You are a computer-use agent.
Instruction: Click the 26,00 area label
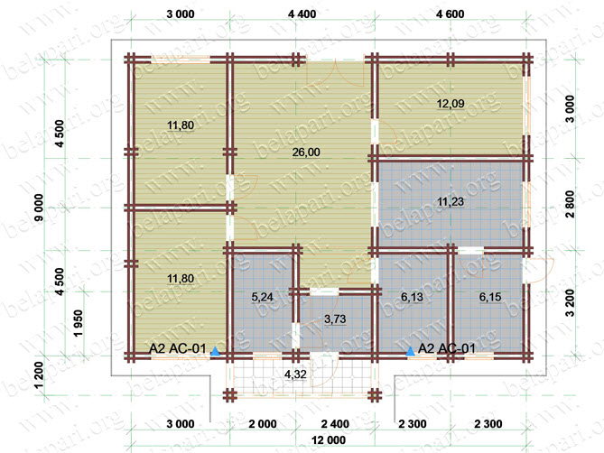(x=306, y=153)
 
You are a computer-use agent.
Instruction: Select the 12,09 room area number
(x=451, y=104)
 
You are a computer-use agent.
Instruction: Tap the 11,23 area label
(x=451, y=201)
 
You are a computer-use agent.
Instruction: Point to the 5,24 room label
(x=263, y=297)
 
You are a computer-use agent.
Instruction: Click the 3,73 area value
(x=335, y=319)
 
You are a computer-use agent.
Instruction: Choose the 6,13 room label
(x=412, y=297)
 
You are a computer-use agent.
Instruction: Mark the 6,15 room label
(x=490, y=297)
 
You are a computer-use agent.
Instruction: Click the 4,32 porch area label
(x=295, y=374)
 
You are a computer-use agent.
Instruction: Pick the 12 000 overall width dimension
(x=329, y=440)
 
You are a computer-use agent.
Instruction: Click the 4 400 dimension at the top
(x=302, y=14)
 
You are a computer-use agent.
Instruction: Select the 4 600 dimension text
(x=450, y=14)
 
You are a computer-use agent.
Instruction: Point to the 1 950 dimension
(x=79, y=323)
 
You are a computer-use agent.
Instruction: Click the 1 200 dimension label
(x=40, y=375)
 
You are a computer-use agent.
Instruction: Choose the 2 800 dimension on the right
(x=570, y=204)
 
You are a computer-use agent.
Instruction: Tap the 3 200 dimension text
(x=570, y=303)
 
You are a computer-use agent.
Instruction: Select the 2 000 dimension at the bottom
(x=263, y=424)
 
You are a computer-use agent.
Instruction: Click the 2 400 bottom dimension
(x=335, y=424)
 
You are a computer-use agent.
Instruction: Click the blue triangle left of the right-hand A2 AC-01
(x=411, y=351)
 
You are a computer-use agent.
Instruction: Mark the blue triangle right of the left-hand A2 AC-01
(x=215, y=351)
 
